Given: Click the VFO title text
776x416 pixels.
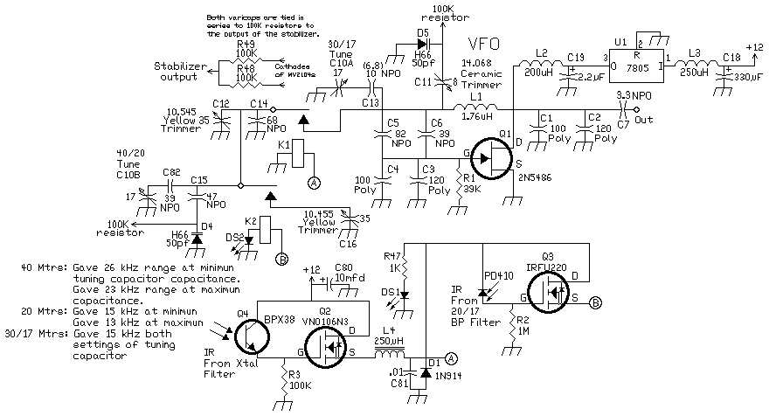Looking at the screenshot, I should pos(485,45).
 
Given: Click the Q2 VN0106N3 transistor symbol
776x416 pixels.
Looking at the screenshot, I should pos(336,342).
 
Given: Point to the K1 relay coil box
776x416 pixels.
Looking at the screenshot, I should pos(300,150).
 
